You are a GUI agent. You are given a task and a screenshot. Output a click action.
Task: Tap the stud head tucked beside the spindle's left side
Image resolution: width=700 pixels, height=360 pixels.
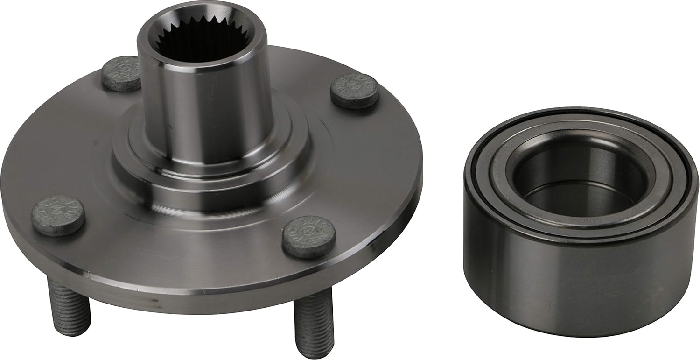coord(121,73)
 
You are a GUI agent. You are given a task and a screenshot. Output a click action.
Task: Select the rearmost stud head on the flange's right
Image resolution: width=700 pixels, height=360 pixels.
coord(354,91)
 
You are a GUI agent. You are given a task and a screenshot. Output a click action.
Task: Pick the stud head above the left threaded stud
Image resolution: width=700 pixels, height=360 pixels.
coord(58,215)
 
